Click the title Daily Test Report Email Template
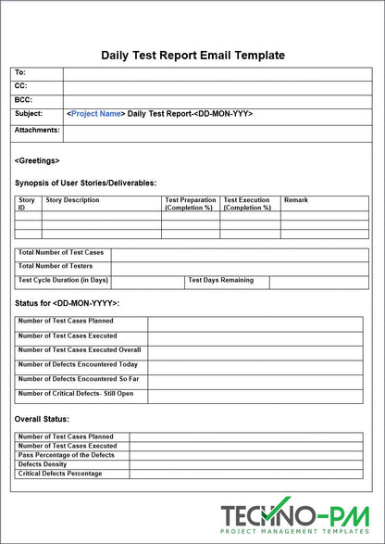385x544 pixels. pos(192,56)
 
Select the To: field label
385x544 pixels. pos(21,72)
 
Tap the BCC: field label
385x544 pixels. pos(23,99)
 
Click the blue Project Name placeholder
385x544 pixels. pos(96,114)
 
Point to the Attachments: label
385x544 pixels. pos(37,130)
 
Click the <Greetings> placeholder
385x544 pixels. pos(37,160)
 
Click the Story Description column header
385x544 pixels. pos(72,200)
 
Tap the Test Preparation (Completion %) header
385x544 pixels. pos(191,204)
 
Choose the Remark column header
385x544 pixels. pos(296,200)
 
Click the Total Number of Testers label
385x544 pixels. pos(56,266)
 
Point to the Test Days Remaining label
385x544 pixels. pos(227,280)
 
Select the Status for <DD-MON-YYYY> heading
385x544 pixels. pos(67,303)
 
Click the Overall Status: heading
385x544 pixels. pos(43,419)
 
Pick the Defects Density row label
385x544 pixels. pos(43,464)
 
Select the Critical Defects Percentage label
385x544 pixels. pos(60,474)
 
